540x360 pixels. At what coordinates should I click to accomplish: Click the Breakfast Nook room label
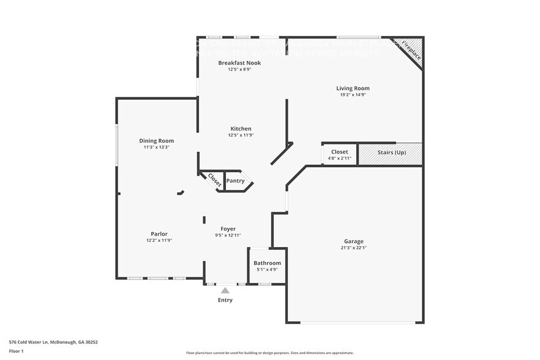coord(239,63)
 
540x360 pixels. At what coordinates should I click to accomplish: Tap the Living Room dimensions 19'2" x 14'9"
coord(354,95)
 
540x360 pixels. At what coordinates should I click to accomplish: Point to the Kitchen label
coord(240,129)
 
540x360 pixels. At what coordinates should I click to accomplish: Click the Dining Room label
coord(156,141)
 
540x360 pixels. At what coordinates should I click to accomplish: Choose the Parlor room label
coord(159,233)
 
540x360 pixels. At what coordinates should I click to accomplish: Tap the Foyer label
coord(228,229)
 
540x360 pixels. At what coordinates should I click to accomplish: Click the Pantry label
coord(236,181)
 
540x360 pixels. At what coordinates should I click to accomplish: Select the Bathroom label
coord(268,263)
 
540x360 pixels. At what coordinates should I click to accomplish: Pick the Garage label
coord(353,241)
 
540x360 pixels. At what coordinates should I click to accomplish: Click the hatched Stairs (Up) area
coord(391,154)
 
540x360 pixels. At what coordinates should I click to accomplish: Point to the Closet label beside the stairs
coord(339,152)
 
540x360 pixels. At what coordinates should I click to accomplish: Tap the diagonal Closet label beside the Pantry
coord(214,180)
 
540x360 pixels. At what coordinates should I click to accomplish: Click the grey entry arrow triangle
coord(225,290)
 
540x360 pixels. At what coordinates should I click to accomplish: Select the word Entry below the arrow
coord(225,300)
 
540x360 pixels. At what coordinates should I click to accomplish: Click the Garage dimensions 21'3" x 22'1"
coord(354,248)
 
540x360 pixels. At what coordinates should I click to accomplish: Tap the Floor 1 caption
coord(17,351)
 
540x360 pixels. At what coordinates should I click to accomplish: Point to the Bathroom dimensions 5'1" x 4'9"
coord(268,269)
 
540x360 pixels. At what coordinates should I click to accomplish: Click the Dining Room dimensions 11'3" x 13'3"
coord(156,147)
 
